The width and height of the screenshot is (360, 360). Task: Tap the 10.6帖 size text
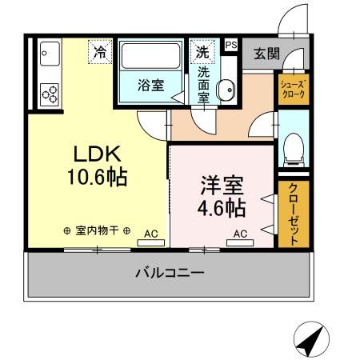97,178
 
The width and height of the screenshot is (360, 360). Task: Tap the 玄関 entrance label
266,54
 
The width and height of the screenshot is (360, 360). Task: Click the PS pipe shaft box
231,46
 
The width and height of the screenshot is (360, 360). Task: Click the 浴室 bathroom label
150,86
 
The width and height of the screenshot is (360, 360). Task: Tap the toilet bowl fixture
292,147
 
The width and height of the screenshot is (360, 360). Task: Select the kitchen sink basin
46,56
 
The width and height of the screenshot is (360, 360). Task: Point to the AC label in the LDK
150,234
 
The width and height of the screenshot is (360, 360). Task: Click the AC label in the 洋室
240,234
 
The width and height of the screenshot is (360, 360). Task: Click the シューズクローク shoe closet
291,88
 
